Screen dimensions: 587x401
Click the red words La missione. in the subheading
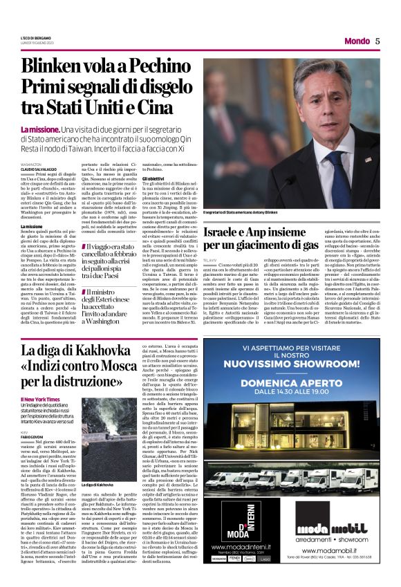tap(39, 130)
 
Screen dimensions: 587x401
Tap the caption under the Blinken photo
tap(239, 213)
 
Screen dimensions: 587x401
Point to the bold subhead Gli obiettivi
tap(153, 178)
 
